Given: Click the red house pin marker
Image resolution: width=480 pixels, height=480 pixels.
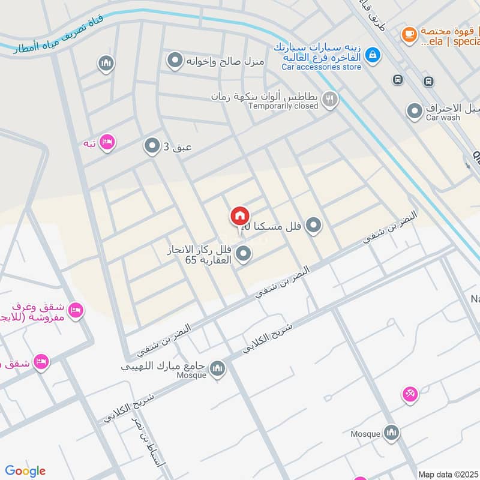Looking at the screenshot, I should point(239,216).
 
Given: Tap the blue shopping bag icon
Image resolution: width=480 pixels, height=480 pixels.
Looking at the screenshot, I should point(373,55).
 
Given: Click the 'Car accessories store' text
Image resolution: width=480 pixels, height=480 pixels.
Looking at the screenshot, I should point(322,67).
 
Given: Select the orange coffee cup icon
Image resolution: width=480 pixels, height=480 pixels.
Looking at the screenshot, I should point(410,34).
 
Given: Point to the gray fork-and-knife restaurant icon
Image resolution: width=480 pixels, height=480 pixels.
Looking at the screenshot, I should point(329,100).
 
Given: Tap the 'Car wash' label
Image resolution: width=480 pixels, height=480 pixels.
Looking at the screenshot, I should point(443,118).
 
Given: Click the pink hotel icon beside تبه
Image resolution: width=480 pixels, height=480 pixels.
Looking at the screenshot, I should point(107,143).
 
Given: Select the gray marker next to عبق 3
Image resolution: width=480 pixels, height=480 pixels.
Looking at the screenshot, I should point(151,145).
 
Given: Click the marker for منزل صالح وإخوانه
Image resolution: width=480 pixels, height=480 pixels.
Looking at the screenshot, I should point(175,61).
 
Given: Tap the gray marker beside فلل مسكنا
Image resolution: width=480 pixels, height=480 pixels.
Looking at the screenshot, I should point(313,226).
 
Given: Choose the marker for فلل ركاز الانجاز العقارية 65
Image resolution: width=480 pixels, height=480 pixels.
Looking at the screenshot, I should point(243,254).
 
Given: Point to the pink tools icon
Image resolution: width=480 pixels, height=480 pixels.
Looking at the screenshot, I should point(410,394).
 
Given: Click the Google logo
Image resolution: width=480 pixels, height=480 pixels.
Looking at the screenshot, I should point(25,471).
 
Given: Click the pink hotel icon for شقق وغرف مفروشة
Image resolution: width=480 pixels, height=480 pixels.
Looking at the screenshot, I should point(76,310).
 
